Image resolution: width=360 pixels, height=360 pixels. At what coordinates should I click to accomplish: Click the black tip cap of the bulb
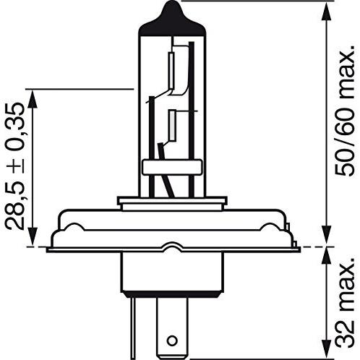point(171,16)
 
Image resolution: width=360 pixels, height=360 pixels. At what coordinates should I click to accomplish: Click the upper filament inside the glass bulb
point(174,68)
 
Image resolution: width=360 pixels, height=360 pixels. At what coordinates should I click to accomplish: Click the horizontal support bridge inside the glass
point(170,167)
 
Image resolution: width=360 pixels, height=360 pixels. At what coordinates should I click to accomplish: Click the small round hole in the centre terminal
point(171,339)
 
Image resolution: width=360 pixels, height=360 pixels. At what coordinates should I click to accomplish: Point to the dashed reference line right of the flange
point(318,247)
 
